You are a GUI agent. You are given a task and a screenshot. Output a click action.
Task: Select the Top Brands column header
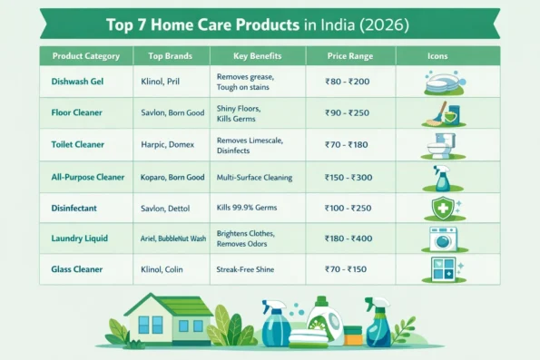(x=170, y=56)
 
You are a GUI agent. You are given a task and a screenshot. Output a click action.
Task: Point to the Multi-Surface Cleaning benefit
(x=254, y=177)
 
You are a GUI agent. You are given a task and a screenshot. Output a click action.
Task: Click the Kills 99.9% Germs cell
(x=248, y=209)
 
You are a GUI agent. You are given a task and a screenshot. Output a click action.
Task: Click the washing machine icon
(x=443, y=238)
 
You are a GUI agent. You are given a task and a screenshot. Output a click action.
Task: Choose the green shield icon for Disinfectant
(x=442, y=208)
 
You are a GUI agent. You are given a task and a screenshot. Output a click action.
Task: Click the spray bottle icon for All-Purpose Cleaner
(x=442, y=177)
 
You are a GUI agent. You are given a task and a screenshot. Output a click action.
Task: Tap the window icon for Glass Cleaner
(x=443, y=269)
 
